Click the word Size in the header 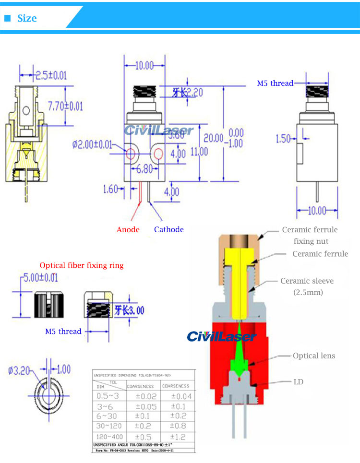point(27,18)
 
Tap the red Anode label point(128,229)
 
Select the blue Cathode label point(168,229)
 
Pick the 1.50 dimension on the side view point(283,139)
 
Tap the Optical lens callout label point(314,356)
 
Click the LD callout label point(298,382)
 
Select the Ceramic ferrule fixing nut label point(310,236)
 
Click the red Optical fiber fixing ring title point(82,265)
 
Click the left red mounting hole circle point(131,154)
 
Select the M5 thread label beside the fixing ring point(63,331)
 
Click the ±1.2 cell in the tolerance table point(178,437)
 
